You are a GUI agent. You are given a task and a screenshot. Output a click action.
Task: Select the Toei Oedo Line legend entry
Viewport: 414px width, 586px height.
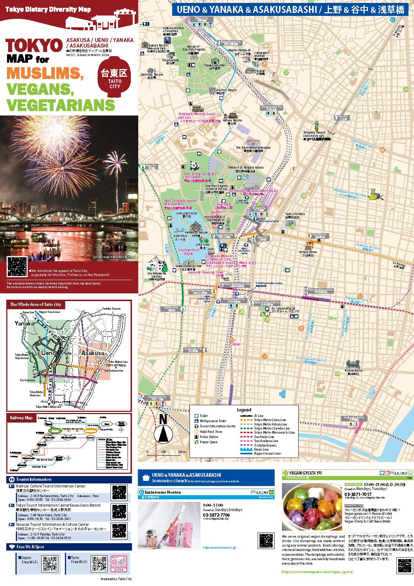[264, 437]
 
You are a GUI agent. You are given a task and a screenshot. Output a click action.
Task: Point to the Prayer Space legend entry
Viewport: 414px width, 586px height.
[208, 442]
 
